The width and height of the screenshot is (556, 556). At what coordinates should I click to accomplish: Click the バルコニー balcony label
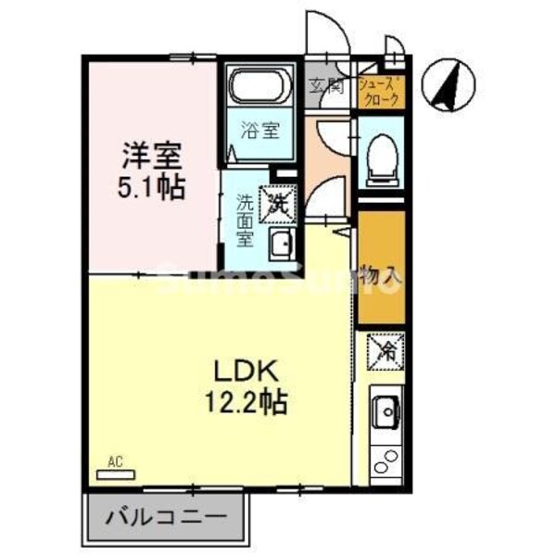tap(170, 516)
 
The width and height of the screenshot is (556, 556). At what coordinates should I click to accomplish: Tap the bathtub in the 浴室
tap(260, 89)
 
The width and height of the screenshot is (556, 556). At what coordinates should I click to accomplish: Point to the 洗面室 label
tap(244, 219)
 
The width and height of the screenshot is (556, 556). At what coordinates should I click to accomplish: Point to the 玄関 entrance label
tap(325, 87)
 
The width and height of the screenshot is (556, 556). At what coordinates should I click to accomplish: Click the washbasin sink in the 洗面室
tap(280, 245)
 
